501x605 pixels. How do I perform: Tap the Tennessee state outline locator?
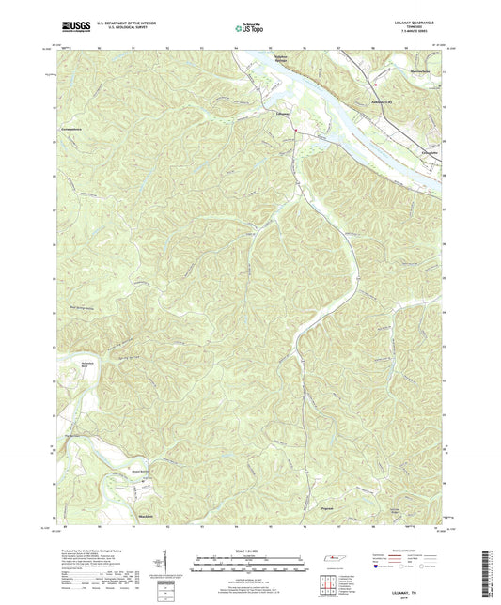click(x=332, y=560)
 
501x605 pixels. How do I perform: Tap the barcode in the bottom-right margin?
click(x=484, y=574)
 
